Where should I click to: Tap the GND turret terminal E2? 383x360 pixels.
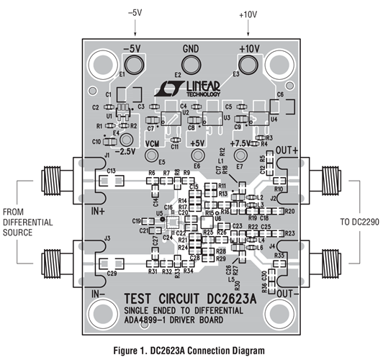191,64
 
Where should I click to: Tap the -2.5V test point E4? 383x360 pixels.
127,139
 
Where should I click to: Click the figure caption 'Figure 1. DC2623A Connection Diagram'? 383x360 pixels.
191,352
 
